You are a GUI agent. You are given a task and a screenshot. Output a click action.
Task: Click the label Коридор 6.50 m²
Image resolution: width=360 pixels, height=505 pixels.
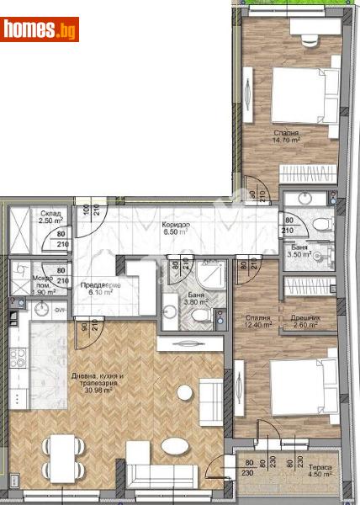[177, 230]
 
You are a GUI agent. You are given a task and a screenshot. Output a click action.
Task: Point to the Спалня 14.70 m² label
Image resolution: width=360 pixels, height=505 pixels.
[286, 137]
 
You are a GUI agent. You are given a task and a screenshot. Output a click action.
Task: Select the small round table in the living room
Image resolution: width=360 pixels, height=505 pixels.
[184, 393]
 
